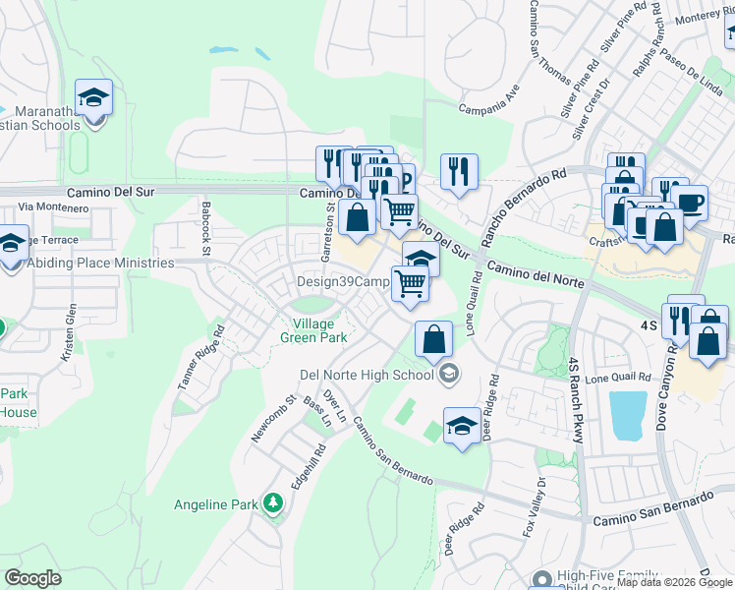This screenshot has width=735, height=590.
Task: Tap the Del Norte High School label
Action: click(366, 374)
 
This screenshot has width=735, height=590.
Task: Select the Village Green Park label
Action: click(319, 330)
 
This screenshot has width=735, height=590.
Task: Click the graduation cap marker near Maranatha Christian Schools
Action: click(93, 98)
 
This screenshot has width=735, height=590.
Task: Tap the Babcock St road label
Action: click(206, 228)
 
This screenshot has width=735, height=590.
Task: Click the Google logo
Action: click(33, 578)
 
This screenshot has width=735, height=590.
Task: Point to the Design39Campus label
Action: click(344, 282)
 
